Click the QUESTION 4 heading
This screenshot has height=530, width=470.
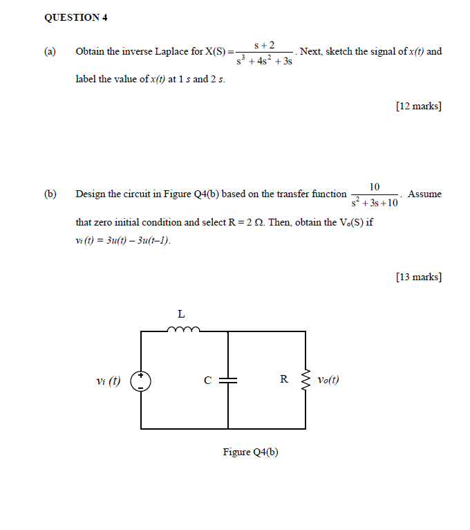pos(75,18)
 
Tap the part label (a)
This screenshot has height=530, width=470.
pos(50,52)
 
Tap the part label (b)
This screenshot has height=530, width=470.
pos(50,194)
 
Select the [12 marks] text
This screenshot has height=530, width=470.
pos(419,106)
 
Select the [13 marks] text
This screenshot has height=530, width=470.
pos(419,277)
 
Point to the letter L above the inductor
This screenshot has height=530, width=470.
pos(181,314)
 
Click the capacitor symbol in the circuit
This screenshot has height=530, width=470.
pos(228,380)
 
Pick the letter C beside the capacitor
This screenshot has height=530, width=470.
pos(207,380)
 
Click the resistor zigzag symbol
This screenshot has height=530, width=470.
pos(305,379)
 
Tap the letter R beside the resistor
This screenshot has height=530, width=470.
pos(283,379)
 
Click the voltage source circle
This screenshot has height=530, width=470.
pos(142,381)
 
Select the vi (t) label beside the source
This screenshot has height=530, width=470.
pos(109,381)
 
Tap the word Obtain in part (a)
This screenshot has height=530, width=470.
pos(91,52)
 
